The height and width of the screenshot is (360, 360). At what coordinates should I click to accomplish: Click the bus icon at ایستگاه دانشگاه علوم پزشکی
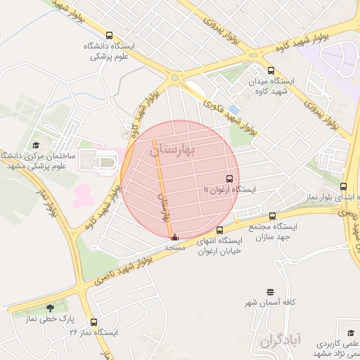[108, 35]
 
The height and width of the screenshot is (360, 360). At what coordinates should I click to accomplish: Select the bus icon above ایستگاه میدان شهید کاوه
[271, 70]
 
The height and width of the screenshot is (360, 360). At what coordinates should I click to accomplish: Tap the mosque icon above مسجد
[175, 237]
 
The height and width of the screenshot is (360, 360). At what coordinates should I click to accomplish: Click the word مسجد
[174, 248]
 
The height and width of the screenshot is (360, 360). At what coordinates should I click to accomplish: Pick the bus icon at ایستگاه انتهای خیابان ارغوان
[219, 230]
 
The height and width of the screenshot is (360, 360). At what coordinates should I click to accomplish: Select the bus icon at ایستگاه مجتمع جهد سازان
[272, 217]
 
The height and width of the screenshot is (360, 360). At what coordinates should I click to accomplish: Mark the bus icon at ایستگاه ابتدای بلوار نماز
[343, 187]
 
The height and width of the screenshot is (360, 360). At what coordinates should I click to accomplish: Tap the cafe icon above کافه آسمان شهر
[270, 292]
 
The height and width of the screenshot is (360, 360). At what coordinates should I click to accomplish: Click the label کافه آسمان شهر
[270, 302]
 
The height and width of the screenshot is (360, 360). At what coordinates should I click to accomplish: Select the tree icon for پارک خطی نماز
[49, 308]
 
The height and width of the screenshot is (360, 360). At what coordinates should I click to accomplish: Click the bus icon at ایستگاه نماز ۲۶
[94, 321]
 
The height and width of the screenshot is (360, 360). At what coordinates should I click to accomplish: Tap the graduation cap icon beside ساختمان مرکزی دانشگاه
[36, 146]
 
